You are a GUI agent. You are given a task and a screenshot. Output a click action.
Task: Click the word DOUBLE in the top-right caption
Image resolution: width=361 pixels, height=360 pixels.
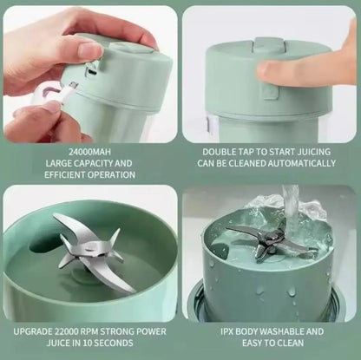pos(220,148)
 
